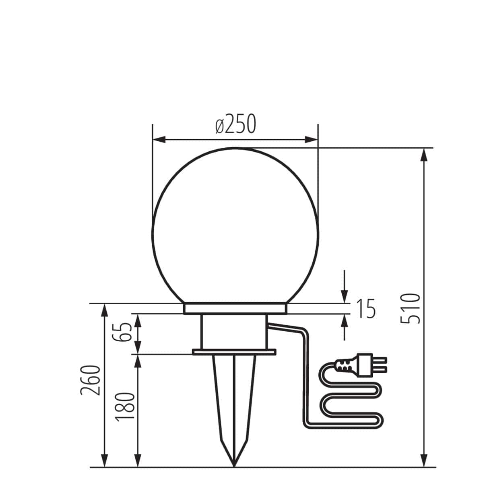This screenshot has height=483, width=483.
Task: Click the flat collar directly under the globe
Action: (x=235, y=309)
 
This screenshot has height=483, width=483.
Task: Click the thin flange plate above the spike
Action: (x=234, y=352)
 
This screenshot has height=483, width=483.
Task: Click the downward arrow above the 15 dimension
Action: (x=345, y=296)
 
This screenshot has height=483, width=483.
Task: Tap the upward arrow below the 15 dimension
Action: (x=345, y=321)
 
